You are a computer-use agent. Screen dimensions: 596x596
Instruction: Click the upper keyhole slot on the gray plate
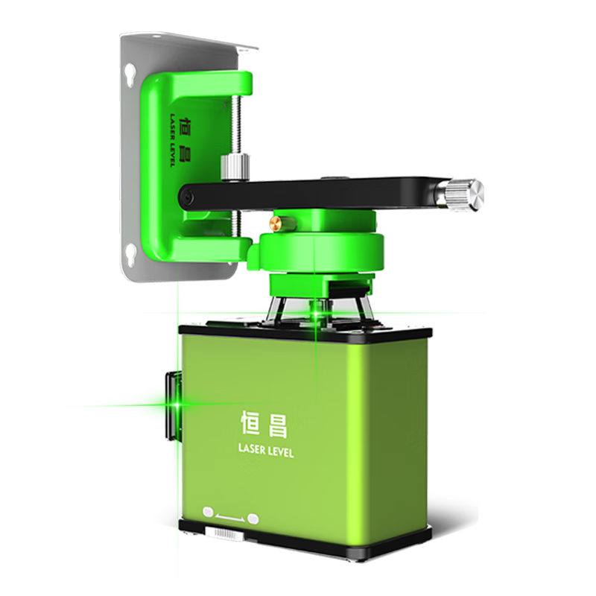pyautogui.click(x=130, y=72)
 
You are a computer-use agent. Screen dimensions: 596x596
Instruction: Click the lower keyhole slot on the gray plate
pyautogui.click(x=131, y=250)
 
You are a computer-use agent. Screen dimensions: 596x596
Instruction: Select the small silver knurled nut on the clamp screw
pyautogui.click(x=235, y=167)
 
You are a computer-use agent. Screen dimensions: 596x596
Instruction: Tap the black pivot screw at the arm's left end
pyautogui.click(x=188, y=197)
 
